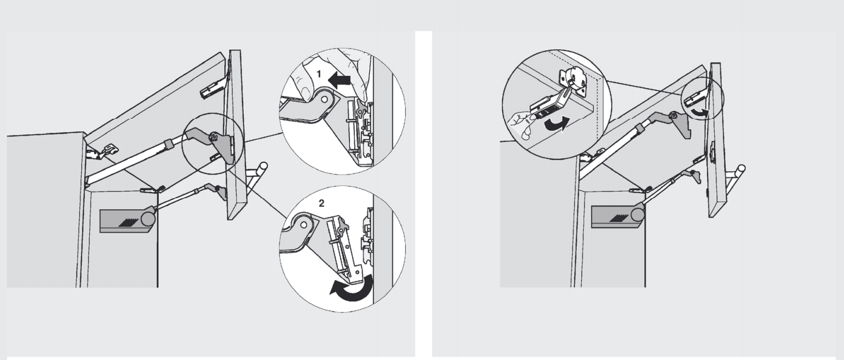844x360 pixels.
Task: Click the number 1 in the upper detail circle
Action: coord(319,74)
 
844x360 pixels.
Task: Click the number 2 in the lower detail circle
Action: coord(321,204)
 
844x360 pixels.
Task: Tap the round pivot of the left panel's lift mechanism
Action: coord(148,218)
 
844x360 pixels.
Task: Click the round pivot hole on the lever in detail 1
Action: coord(324,99)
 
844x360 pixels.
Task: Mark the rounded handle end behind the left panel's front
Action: coord(264,166)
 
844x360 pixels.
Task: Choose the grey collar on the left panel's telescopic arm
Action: coord(168,144)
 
